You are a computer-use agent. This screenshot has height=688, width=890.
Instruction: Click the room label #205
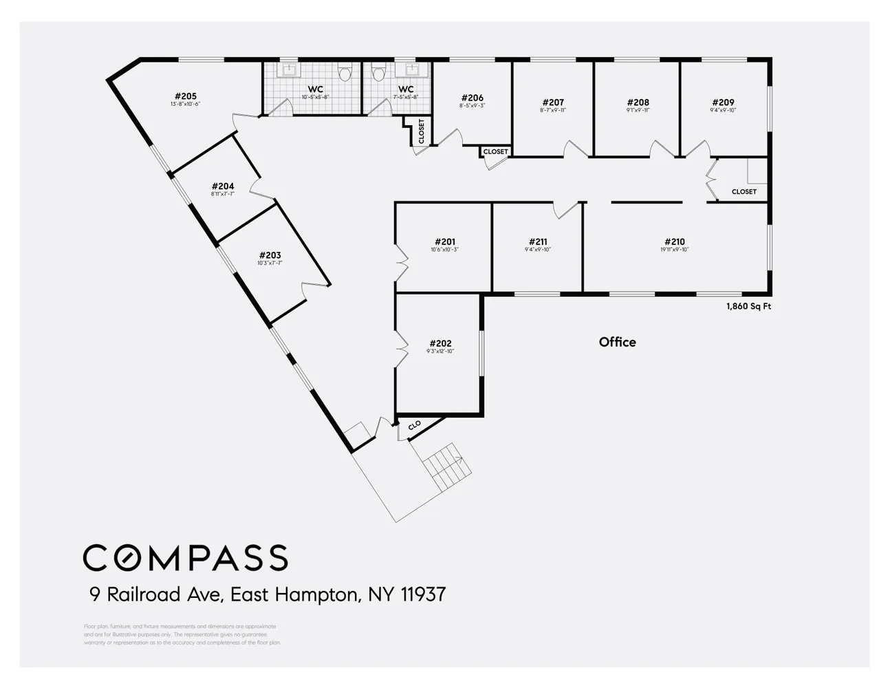(185, 97)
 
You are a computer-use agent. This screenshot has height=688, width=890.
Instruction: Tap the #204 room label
(223, 186)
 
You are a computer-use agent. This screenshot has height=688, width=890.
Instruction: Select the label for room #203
(270, 255)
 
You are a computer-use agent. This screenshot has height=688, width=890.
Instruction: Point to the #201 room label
(444, 242)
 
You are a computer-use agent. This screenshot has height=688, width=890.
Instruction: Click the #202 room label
(440, 344)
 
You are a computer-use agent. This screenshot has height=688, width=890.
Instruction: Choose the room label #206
(472, 98)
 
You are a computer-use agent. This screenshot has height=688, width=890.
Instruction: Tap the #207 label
(553, 103)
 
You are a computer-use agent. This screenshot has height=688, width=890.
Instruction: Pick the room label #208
(638, 103)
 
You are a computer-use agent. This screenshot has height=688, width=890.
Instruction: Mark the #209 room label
(723, 103)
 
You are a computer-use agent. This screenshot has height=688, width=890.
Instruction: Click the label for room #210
(674, 242)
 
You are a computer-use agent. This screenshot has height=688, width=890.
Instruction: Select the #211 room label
(537, 242)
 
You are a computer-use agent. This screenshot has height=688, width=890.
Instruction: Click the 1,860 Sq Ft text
(748, 307)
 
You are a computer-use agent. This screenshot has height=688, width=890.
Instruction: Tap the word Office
(617, 342)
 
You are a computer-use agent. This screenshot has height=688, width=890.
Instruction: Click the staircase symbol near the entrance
(447, 467)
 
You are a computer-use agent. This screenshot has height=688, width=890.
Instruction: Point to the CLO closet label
(414, 426)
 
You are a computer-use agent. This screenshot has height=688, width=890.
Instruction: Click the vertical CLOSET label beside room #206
(422, 131)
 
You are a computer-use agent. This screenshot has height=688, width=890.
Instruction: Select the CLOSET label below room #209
(744, 192)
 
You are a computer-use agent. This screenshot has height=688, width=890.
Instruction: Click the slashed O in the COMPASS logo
(126, 558)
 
